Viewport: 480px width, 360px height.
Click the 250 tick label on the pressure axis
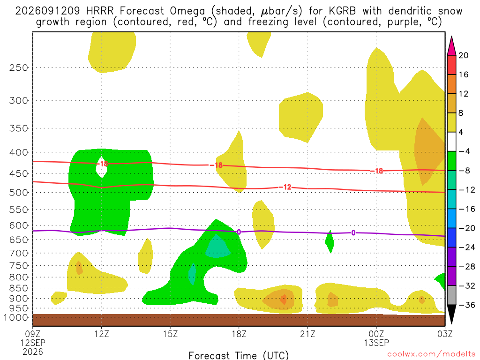pos(19,67)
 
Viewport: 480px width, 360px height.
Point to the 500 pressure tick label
pos(19,193)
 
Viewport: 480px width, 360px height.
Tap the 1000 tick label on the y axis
pos(16,317)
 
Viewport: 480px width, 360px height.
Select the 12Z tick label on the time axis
pos(102,334)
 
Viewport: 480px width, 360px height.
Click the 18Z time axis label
pos(239,334)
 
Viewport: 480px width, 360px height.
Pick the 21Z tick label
pos(307,334)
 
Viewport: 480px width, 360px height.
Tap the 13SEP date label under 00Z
pos(376,343)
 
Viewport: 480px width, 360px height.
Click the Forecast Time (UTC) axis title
pos(239,355)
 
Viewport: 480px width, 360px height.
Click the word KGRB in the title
pos(343,11)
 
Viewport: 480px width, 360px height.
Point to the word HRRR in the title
pos(100,11)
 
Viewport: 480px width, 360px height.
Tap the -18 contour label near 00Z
pos(377,171)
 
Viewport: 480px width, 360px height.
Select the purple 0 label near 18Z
pos(239,232)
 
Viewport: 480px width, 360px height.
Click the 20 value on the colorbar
pos(463,55)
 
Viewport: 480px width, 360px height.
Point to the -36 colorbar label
pos(467,305)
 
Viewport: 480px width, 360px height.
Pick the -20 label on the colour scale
pos(467,228)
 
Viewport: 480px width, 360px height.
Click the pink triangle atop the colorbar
pos(451,46)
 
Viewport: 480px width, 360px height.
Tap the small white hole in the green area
pos(101,167)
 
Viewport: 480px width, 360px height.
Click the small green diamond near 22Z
pos(330,242)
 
